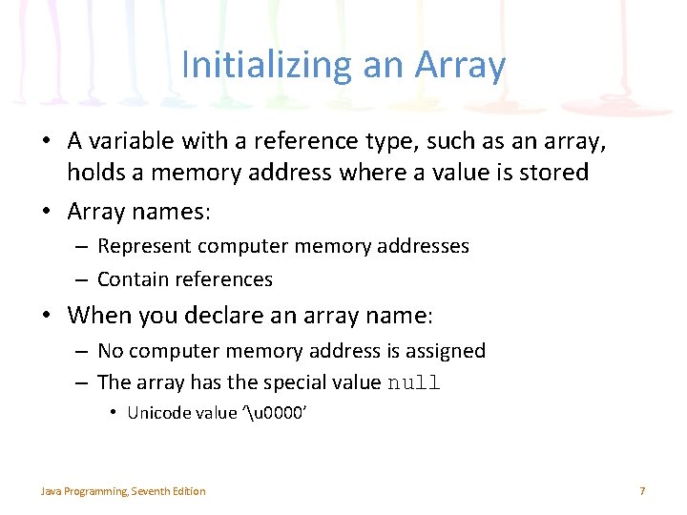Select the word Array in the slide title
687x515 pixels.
tap(462, 66)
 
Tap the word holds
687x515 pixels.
tap(93, 174)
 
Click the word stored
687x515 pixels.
tap(555, 174)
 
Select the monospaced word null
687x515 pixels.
tap(413, 383)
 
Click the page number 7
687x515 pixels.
tap(642, 491)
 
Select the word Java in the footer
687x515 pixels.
tap(50, 491)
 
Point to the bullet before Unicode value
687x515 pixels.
tap(112, 412)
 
